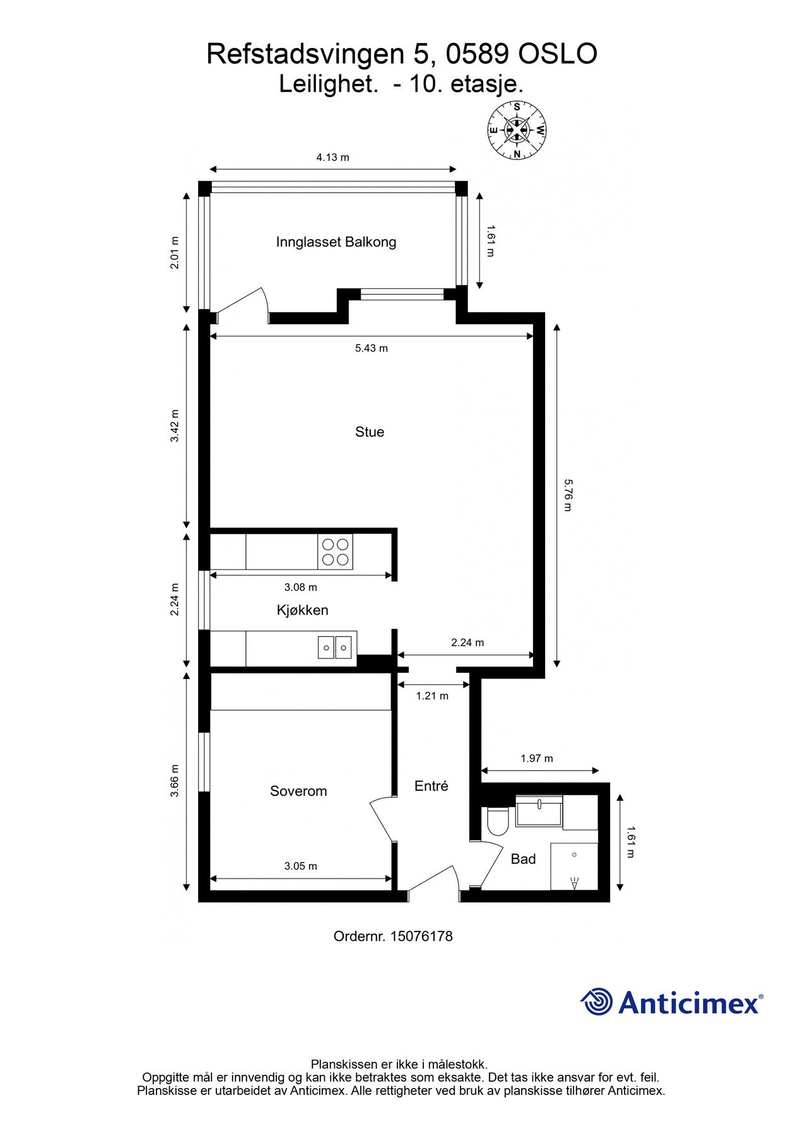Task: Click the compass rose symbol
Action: pyautogui.click(x=517, y=131)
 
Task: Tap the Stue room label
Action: pyautogui.click(x=370, y=432)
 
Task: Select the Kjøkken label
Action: pyautogui.click(x=303, y=610)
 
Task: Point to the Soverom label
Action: pyautogui.click(x=298, y=791)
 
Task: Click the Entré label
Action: pyautogui.click(x=431, y=786)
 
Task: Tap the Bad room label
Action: pyautogui.click(x=523, y=859)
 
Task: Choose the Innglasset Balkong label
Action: pyautogui.click(x=336, y=242)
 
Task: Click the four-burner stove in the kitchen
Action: pyautogui.click(x=335, y=552)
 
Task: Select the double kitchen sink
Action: pyautogui.click(x=335, y=648)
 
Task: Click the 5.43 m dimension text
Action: pyautogui.click(x=372, y=348)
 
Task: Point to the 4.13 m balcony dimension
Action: pyautogui.click(x=332, y=158)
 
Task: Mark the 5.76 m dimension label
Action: pyautogui.click(x=567, y=495)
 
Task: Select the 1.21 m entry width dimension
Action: pyautogui.click(x=432, y=696)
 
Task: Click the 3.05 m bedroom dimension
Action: pyautogui.click(x=301, y=866)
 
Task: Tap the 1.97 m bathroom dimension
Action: pyautogui.click(x=537, y=759)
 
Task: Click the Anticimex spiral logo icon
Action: pyautogui.click(x=597, y=1002)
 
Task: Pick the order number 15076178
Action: pyautogui.click(x=421, y=937)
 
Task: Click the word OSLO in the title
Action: pyautogui.click(x=558, y=54)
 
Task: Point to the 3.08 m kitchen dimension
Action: pyautogui.click(x=301, y=588)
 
